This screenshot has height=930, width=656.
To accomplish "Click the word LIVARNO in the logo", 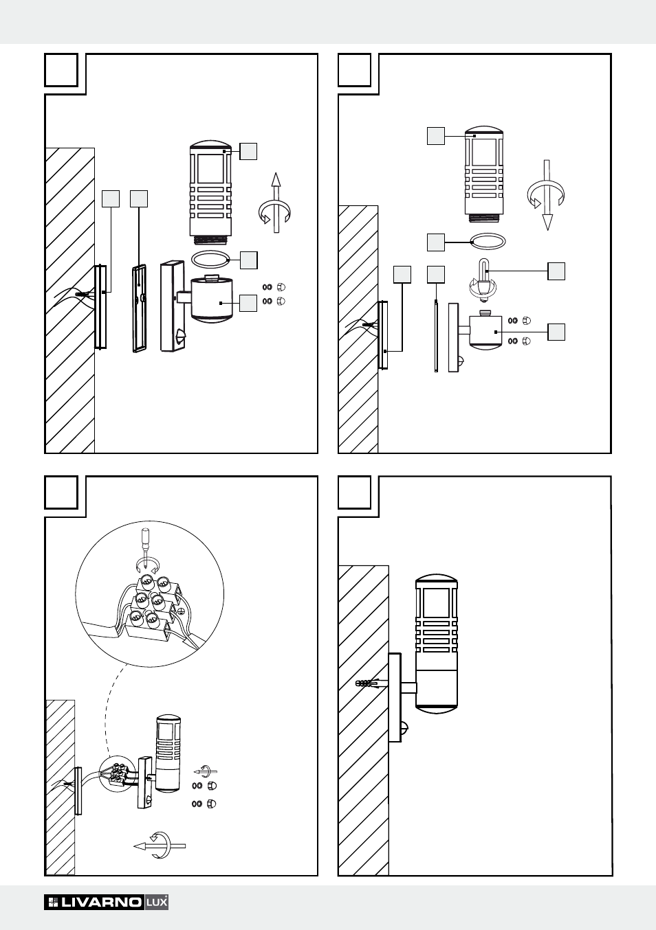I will click(101, 903).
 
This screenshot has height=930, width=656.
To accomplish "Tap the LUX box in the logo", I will click(157, 903).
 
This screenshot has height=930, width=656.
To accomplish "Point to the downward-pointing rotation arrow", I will click(547, 195).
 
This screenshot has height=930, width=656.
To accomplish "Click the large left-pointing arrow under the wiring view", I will click(160, 846).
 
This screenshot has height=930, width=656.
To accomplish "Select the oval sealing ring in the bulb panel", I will click(488, 241).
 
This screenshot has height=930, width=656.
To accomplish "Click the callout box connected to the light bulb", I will click(556, 271).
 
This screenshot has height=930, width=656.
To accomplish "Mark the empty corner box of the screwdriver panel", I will click(61, 492).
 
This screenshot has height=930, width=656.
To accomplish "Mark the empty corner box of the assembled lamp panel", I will click(355, 492).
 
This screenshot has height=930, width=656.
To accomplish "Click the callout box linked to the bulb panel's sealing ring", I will click(436, 242).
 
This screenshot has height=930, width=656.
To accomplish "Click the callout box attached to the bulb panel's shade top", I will click(436, 136).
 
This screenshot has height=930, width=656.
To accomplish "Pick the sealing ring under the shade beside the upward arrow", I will click(210, 260).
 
